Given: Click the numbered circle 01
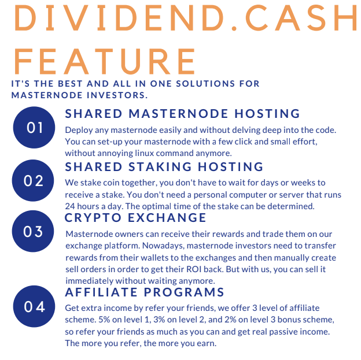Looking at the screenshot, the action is [34, 128].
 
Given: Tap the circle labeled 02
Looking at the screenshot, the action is [33, 180].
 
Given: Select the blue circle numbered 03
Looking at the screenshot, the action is [33, 231].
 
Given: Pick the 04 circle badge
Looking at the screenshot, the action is [34, 306].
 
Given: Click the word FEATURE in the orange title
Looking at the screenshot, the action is [105, 61].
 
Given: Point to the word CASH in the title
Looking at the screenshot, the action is [301, 18].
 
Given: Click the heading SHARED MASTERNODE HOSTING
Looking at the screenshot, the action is [182, 114].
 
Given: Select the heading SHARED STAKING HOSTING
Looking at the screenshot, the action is [164, 167].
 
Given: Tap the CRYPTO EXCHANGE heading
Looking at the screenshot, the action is [135, 218].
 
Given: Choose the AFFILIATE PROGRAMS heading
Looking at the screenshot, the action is [145, 292].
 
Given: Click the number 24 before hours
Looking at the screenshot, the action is [70, 206].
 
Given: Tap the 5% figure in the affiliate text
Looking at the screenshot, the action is [104, 320].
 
